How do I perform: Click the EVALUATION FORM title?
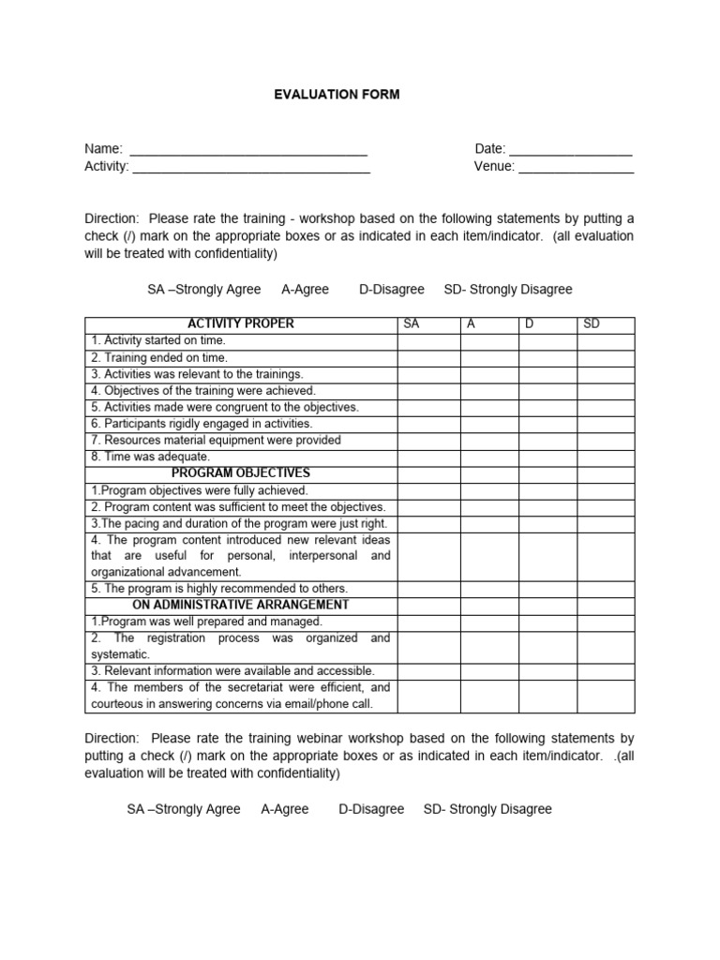[336, 95]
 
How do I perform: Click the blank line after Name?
[248, 150]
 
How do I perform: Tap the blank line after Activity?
[251, 167]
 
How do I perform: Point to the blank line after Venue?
[576, 167]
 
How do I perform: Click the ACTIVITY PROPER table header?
[241, 324]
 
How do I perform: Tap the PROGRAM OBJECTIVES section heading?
[241, 473]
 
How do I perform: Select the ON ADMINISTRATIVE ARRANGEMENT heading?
[241, 605]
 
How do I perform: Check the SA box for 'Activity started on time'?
[428, 340]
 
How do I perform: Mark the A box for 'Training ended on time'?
[488, 357]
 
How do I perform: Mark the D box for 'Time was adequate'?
[547, 457]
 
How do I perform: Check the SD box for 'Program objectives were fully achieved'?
[606, 490]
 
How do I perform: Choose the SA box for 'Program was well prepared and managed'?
[428, 622]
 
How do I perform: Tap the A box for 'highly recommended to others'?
[488, 589]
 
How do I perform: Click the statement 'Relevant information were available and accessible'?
[232, 671]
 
